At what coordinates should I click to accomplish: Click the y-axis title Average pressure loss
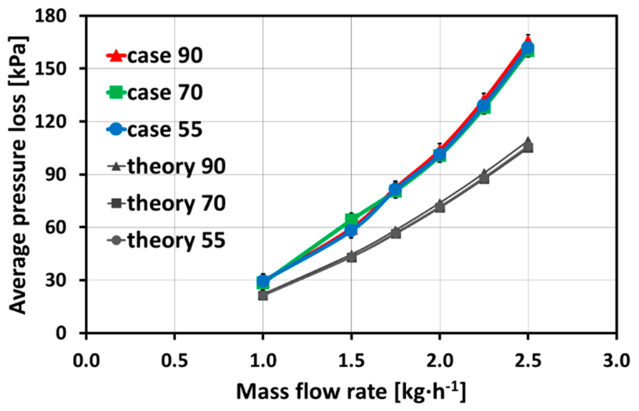pyautogui.click(x=18, y=175)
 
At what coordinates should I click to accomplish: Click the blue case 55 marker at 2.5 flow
pyautogui.click(x=528, y=48)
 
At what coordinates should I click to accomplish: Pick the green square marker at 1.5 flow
pyautogui.click(x=351, y=219)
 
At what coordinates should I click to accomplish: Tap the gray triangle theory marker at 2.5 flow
pyautogui.click(x=528, y=141)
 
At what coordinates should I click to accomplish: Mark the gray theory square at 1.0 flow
pyautogui.click(x=263, y=295)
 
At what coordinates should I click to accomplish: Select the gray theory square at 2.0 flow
pyautogui.click(x=439, y=208)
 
